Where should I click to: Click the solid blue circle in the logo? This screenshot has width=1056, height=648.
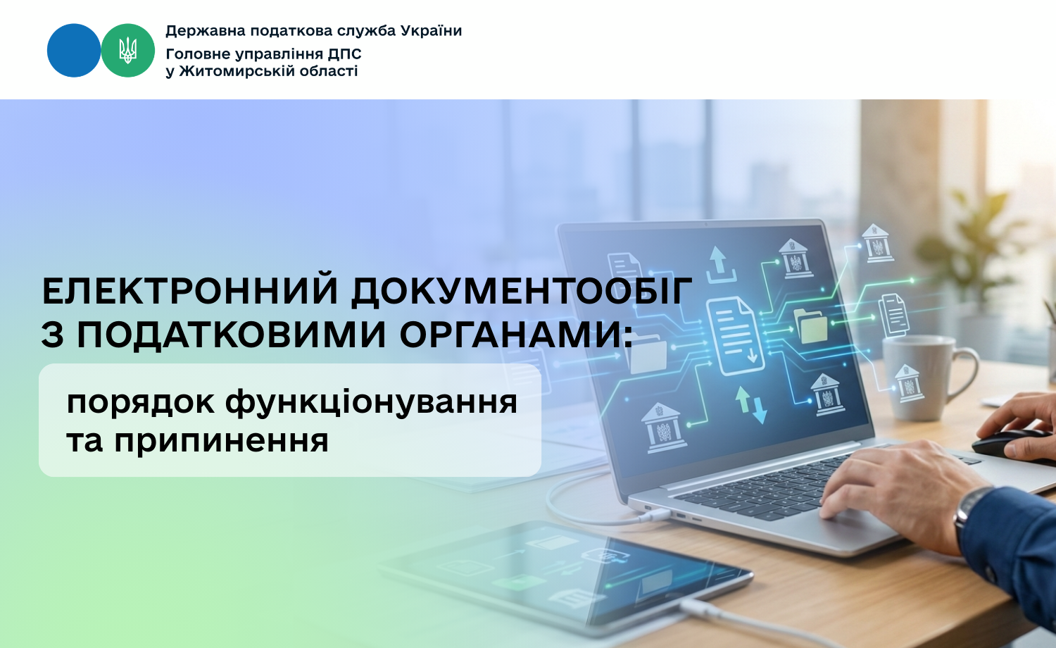click(74, 51)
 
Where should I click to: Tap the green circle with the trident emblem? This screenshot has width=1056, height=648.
click(127, 51)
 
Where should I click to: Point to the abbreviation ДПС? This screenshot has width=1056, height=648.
click(345, 54)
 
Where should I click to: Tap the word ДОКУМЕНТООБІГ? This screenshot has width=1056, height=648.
click(522, 292)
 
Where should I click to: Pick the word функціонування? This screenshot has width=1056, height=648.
click(372, 403)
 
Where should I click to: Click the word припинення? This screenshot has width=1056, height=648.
click(221, 442)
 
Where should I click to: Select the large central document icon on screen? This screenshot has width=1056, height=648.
click(734, 336)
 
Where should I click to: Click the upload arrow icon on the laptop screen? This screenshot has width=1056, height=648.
click(720, 264)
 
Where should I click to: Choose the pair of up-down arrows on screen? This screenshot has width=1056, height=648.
click(751, 404)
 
